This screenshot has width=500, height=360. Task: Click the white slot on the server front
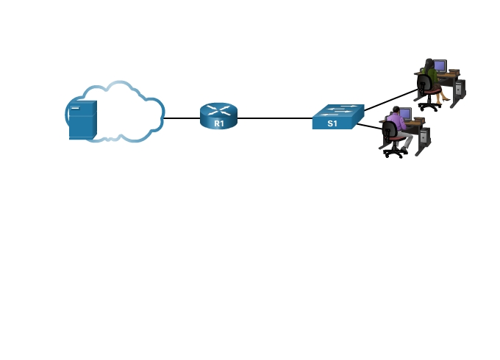(75, 109)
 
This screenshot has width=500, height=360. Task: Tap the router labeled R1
(218, 117)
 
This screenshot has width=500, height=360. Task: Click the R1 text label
(218, 123)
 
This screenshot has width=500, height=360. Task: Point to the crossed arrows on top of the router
(218, 110)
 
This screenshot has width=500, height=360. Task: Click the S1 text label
(332, 123)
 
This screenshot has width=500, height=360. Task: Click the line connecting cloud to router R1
(181, 118)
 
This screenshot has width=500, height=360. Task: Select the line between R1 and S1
(276, 118)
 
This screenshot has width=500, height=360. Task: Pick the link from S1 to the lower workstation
(370, 127)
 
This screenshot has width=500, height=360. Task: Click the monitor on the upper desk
(440, 65)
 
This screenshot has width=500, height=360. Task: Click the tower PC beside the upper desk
(459, 90)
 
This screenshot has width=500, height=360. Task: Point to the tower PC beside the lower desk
(424, 137)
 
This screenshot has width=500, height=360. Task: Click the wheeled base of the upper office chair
(429, 106)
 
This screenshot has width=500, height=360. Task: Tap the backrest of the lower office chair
(390, 132)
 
